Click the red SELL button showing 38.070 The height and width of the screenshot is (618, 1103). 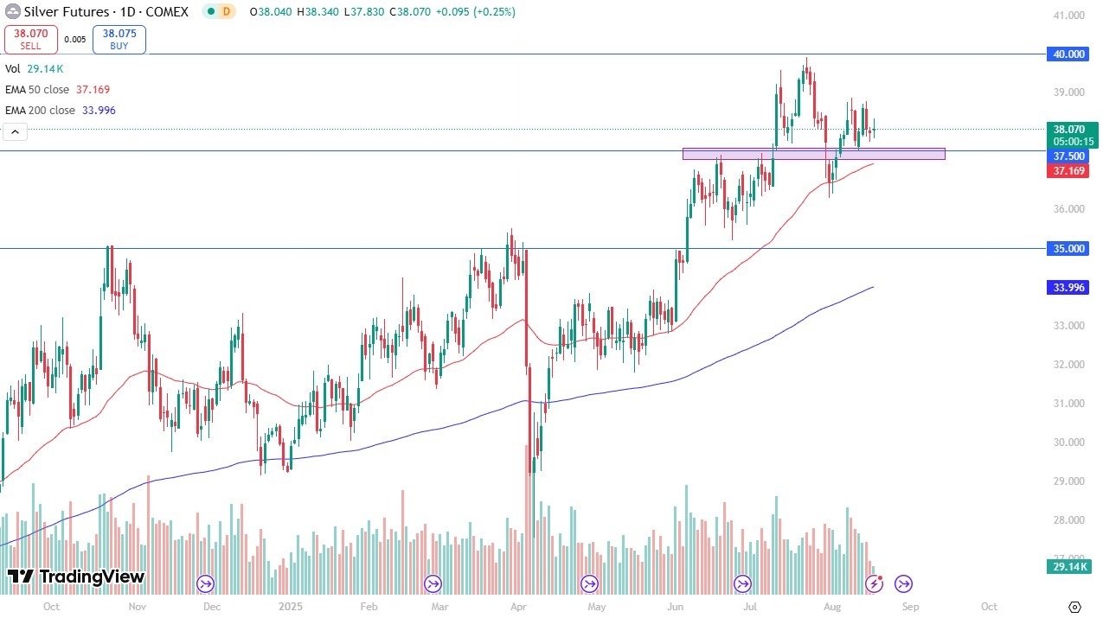(31, 39)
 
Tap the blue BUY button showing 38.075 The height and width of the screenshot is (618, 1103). (119, 39)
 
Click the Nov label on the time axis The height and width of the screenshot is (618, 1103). (137, 607)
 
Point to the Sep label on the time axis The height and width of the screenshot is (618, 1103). (910, 607)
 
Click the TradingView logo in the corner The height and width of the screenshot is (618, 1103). (76, 577)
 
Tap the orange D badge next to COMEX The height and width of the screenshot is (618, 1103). (227, 12)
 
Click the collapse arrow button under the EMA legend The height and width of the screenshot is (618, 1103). (14, 131)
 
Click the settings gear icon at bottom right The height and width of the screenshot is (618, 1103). (1075, 607)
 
